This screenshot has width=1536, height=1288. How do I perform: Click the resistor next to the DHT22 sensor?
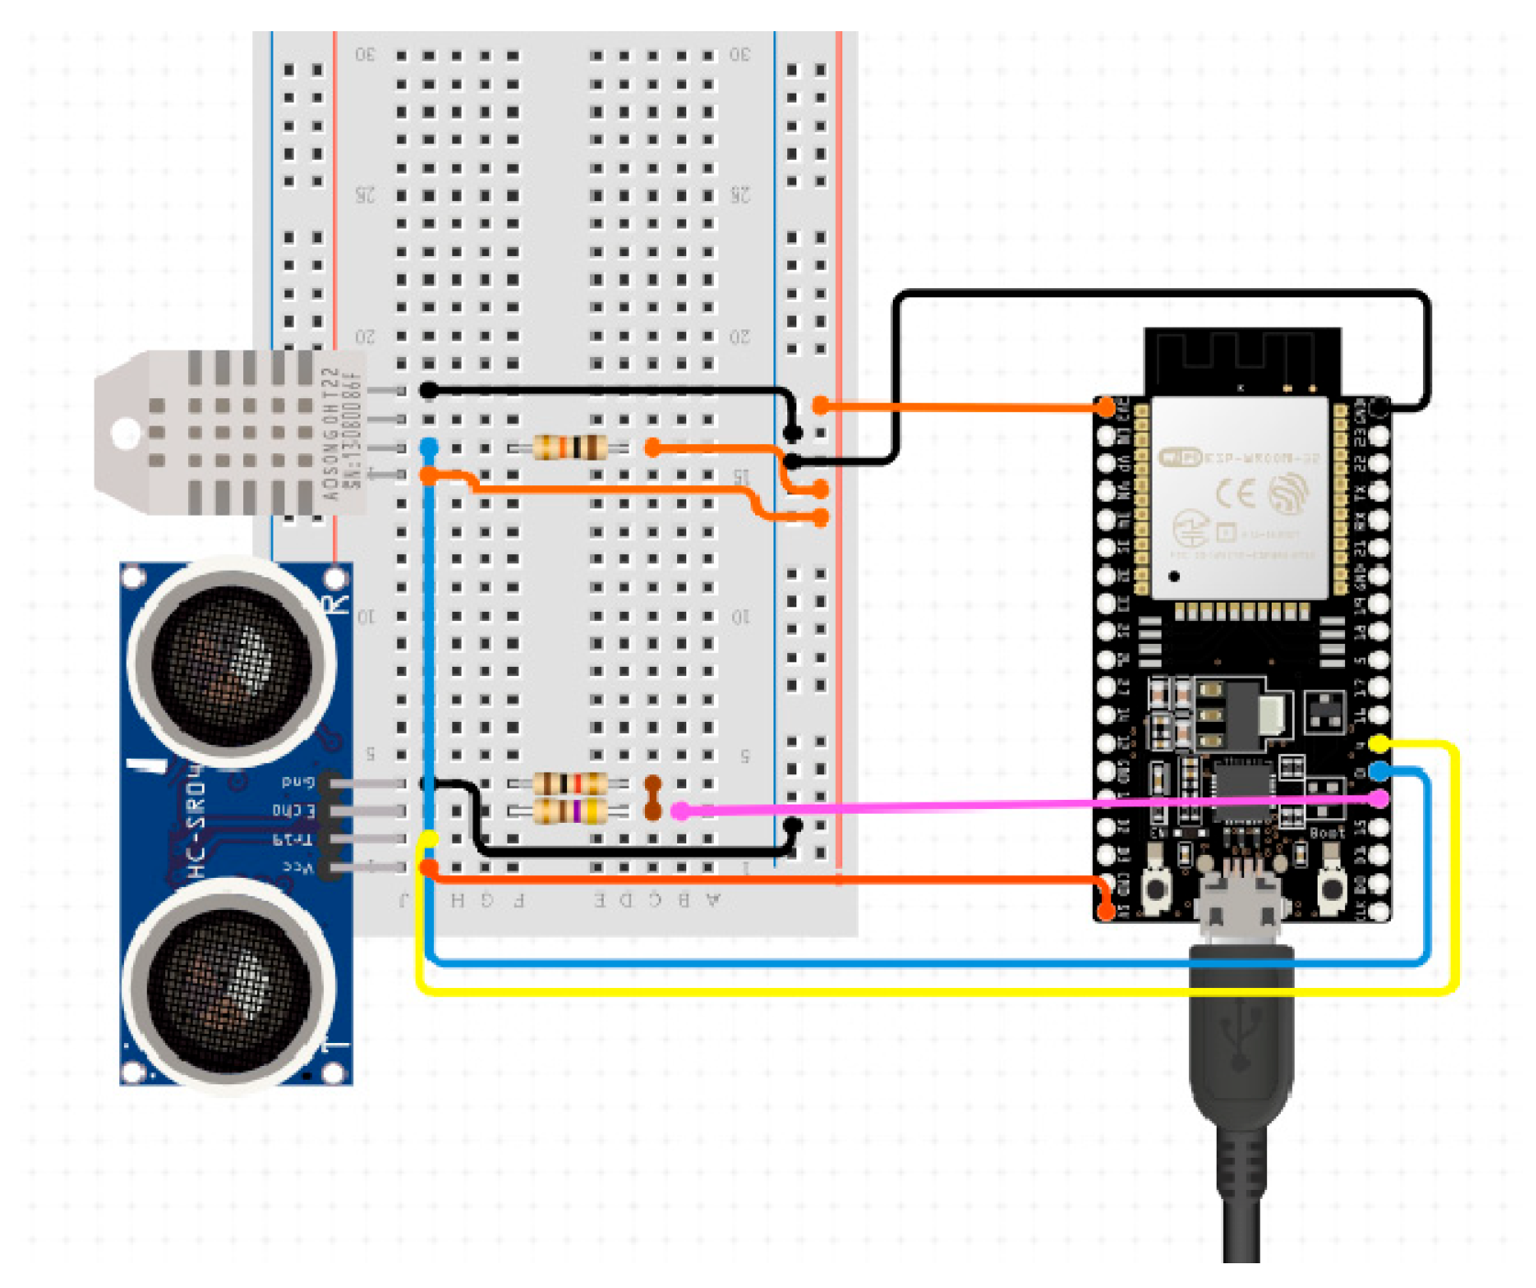click(x=570, y=448)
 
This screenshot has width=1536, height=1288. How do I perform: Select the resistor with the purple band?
click(x=570, y=812)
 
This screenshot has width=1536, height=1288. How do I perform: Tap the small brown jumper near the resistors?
click(x=652, y=797)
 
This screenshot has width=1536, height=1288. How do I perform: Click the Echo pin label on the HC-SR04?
click(x=294, y=811)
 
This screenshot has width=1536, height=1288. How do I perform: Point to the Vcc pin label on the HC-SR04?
click(x=297, y=867)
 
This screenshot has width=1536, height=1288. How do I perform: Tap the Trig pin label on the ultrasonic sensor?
click(x=294, y=838)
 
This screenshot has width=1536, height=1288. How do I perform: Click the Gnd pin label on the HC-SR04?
click(x=297, y=783)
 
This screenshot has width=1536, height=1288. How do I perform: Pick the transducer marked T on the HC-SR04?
click(x=230, y=986)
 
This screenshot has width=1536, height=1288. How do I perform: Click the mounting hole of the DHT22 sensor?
click(x=126, y=432)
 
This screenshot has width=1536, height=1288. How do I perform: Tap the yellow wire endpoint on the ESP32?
click(x=1378, y=743)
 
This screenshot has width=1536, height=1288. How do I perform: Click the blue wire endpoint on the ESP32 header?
click(x=1378, y=772)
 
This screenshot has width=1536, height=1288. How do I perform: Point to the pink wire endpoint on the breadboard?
click(x=680, y=811)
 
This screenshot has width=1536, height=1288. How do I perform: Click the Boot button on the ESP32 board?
click(x=1330, y=886)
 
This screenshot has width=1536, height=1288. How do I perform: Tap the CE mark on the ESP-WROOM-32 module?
click(x=1235, y=494)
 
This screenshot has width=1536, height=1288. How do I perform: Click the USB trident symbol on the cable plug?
click(x=1241, y=1037)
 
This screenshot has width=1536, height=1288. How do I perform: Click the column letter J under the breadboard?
click(x=404, y=900)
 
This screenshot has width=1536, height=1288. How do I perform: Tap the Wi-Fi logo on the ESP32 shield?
click(x=1179, y=457)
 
